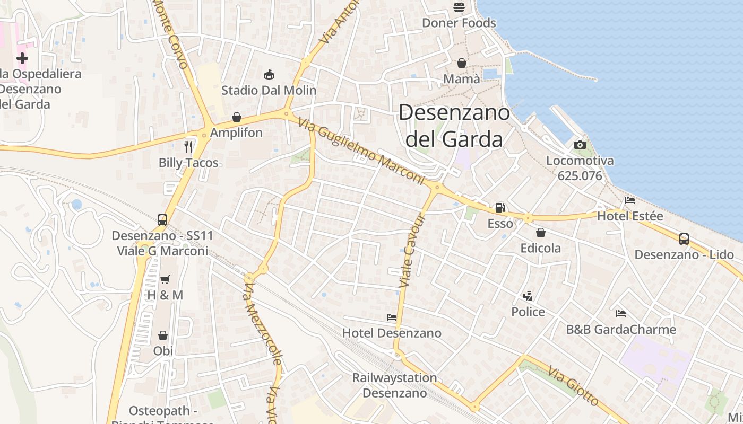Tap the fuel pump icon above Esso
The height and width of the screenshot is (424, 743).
coord(500,208)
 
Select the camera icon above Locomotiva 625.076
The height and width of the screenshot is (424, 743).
coord(580,145)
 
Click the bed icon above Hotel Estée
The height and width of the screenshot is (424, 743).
coord(630,200)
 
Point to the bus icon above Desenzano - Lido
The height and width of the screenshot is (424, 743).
coord(684,239)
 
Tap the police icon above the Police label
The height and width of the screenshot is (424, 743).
coord(528,296)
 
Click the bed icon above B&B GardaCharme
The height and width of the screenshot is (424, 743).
coord(620,314)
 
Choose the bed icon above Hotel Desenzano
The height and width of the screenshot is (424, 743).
coord(391,317)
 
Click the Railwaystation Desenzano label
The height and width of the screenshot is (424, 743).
coord(395,385)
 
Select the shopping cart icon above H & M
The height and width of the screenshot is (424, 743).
coord(165,279)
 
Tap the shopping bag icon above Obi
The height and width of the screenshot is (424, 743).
coord(163,335)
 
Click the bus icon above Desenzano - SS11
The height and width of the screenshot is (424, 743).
coord(162,220)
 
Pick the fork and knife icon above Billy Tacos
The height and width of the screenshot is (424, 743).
coord(188,146)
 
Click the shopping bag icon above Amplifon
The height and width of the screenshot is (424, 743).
coord(237,117)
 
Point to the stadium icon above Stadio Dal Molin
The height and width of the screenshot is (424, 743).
coord(269,74)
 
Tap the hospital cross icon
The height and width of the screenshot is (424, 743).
coord(22,58)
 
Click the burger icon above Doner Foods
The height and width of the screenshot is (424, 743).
coord(459,7)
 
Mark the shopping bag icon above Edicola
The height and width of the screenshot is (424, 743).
coord(540,233)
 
